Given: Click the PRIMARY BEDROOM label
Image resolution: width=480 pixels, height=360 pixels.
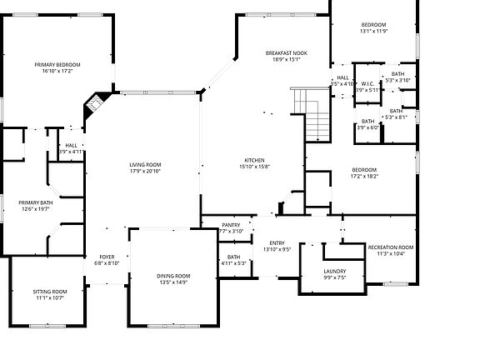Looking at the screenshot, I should pyautogui.click(x=57, y=64).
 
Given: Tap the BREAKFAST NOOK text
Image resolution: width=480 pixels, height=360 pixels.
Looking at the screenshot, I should pyautogui.click(x=286, y=52).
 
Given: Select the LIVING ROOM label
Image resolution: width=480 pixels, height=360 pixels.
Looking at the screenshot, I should pyautogui.click(x=145, y=164).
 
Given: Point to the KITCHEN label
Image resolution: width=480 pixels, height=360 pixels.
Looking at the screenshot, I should pyautogui.click(x=254, y=160).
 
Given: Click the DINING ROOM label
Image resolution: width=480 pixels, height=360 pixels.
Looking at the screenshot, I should pyautogui.click(x=173, y=276).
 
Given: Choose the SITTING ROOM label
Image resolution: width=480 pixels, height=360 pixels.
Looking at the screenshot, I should pyautogui.click(x=50, y=292).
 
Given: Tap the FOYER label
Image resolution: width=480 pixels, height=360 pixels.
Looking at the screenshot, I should pyautogui.click(x=107, y=257).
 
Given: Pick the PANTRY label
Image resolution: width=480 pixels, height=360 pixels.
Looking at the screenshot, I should pyautogui.click(x=231, y=225).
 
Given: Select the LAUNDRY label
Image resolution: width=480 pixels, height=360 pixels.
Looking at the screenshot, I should pyautogui.click(x=334, y=272).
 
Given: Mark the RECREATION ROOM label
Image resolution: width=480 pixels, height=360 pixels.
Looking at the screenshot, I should pyautogui.click(x=391, y=247).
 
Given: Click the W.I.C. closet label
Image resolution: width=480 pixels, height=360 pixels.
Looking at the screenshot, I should pyautogui.click(x=367, y=83).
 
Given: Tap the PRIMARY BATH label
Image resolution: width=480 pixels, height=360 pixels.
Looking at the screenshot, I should pyautogui.click(x=36, y=202).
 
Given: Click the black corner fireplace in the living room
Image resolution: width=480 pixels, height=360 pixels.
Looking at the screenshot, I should pyautogui.click(x=96, y=104).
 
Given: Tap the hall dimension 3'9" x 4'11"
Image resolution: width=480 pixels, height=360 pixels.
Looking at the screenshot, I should pyautogui.click(x=72, y=152).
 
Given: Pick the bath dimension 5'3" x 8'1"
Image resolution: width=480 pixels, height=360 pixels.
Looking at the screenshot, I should pyautogui.click(x=396, y=117).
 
